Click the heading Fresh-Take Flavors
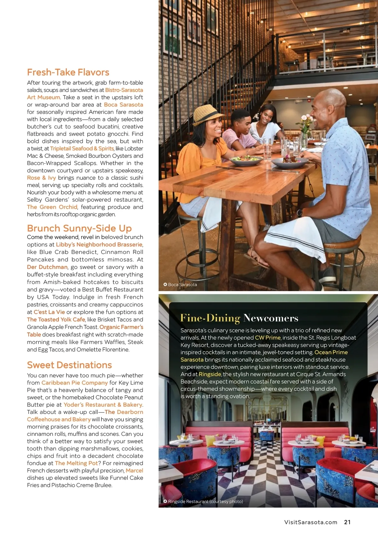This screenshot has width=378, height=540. click(x=68, y=72)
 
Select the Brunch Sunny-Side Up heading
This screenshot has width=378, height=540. click(x=79, y=228)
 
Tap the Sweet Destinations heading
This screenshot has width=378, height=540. click(x=69, y=365)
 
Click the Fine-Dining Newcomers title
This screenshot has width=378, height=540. click(x=239, y=318)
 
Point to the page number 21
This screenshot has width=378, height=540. click(x=347, y=522)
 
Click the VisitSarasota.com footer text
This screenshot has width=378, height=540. click(x=311, y=522)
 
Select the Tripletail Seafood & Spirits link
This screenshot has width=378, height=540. click(x=82, y=148)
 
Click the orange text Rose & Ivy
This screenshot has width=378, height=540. click(x=41, y=178)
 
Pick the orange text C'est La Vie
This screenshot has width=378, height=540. click(x=49, y=312)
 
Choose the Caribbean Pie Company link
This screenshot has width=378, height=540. click(x=75, y=382)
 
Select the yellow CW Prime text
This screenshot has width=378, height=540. click(x=267, y=337)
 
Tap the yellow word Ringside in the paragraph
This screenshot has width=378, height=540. click(x=210, y=374)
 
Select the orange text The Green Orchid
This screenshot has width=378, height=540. click(x=52, y=207)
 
